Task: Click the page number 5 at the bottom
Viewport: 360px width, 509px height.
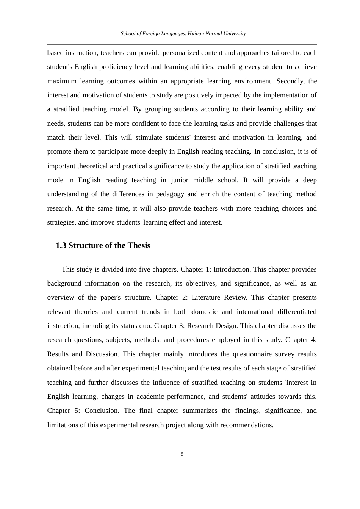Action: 182,454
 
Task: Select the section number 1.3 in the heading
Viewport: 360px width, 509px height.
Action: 61,245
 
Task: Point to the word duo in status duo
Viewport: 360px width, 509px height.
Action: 145,326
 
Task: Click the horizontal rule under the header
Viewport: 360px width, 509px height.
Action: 182,44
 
